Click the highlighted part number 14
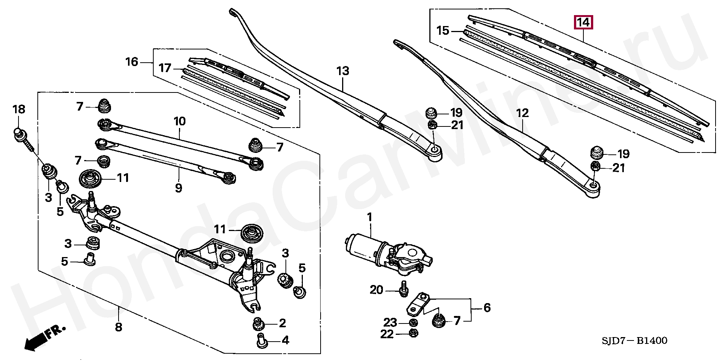[x=583, y=22]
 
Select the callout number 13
[x=343, y=71]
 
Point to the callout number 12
[x=522, y=113]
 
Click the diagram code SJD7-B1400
[x=634, y=341]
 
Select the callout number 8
[x=119, y=327]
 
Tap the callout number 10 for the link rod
[x=180, y=121]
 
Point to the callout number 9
[x=179, y=188]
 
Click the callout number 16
[x=132, y=62]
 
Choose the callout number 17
[x=165, y=68]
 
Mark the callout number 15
[x=443, y=30]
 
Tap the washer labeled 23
[x=413, y=322]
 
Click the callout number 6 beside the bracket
[x=487, y=308]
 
